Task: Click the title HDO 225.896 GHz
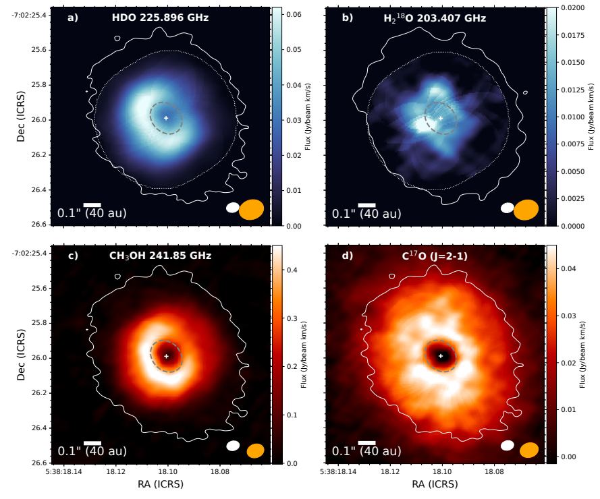pyautogui.click(x=160, y=18)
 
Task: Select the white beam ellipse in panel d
pyautogui.click(x=508, y=445)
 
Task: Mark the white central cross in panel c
pyautogui.click(x=167, y=355)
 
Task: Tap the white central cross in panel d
pyautogui.click(x=441, y=355)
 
